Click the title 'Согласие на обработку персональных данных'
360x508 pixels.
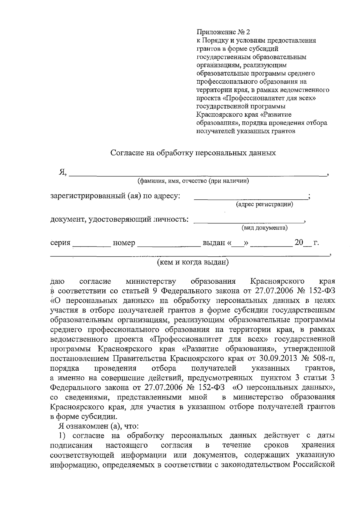click(x=193, y=153)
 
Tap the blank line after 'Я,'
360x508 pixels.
click(x=198, y=173)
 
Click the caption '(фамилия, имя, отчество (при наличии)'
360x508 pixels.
click(x=193, y=181)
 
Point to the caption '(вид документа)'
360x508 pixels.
click(x=265, y=228)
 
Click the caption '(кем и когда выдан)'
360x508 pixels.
click(x=193, y=262)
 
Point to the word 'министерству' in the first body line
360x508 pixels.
click(x=151, y=282)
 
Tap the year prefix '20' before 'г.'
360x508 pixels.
click(x=299, y=242)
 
